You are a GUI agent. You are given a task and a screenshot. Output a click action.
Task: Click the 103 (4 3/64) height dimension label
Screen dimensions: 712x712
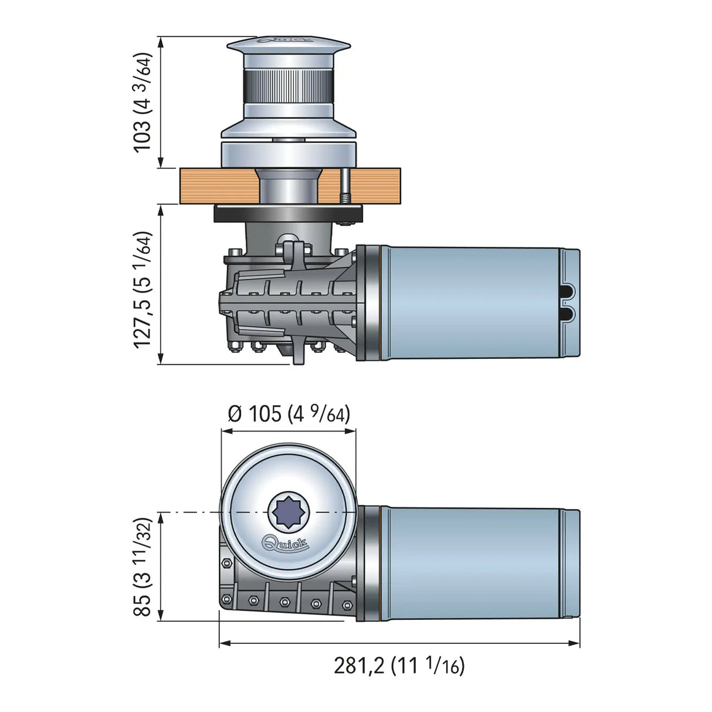coord(143,102)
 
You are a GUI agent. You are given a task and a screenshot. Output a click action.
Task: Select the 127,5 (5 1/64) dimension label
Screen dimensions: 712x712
coord(143,289)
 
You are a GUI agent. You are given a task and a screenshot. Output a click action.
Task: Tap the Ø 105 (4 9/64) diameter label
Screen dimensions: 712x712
coord(289,414)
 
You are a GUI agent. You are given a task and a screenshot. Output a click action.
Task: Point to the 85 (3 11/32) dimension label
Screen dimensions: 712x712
coord(143,567)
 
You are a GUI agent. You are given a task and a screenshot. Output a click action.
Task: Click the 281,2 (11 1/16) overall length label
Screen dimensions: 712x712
coord(399,666)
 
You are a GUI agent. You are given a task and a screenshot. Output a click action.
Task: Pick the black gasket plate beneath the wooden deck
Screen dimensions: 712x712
coord(288,213)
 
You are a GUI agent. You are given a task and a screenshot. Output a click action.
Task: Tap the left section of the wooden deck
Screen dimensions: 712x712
coord(217,186)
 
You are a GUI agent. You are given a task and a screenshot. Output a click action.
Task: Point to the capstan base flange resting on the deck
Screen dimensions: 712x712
coord(288,154)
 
